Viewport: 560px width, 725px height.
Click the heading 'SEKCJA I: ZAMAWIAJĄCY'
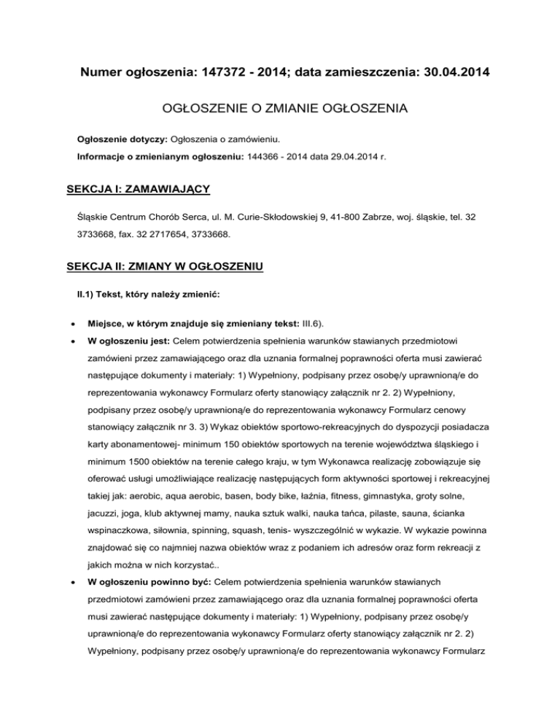(x=138, y=190)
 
